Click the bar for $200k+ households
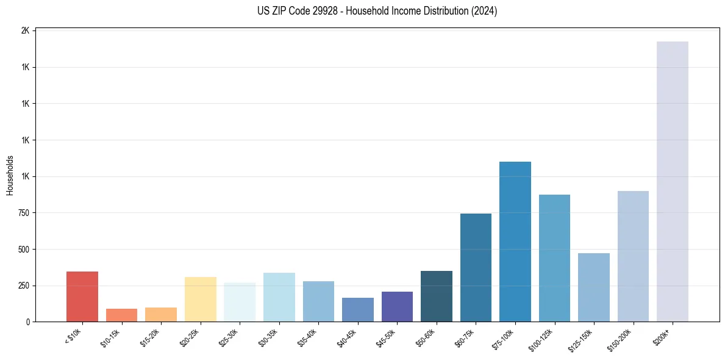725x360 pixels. (672, 181)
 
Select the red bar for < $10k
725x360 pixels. (82, 297)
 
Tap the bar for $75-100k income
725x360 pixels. (515, 242)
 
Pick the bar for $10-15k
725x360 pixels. (121, 315)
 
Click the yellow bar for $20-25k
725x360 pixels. (200, 299)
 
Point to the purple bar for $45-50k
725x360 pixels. (397, 306)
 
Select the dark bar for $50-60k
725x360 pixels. (437, 296)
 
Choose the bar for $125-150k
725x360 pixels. (594, 287)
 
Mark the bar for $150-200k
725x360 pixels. (633, 256)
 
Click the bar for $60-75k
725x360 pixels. (476, 267)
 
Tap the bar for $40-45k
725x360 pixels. (358, 309)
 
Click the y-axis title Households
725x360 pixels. (10, 176)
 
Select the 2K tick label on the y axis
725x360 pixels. (26, 31)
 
